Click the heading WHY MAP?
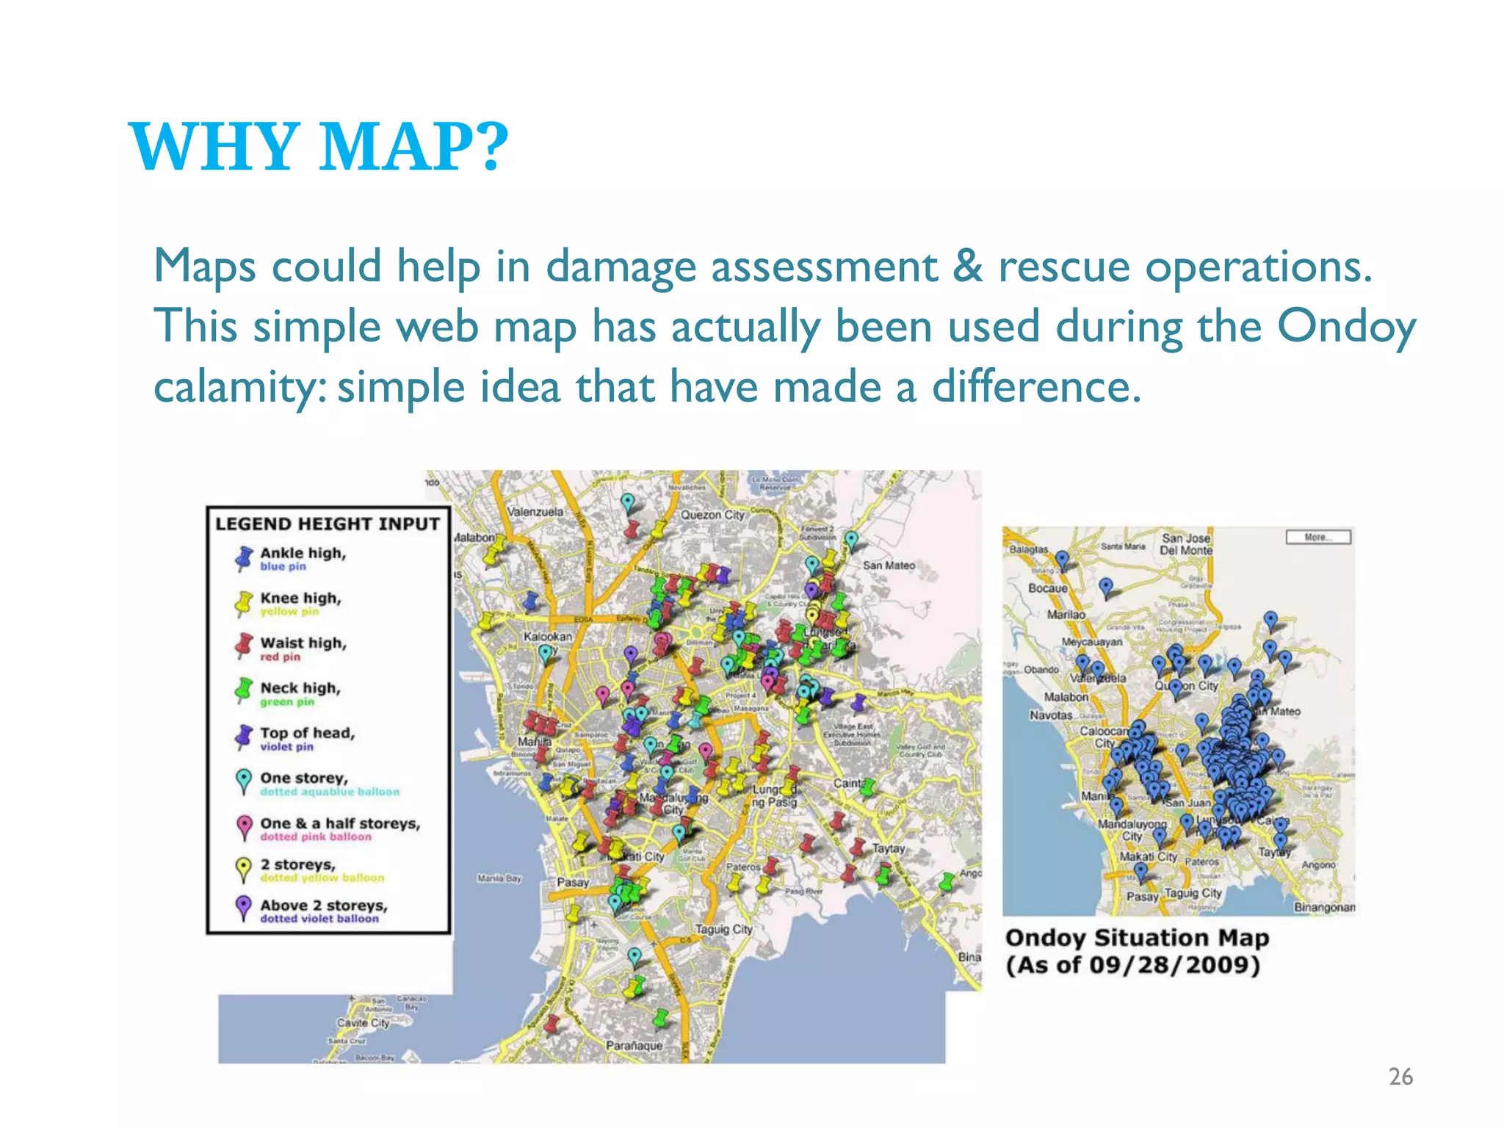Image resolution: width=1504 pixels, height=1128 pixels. point(319,147)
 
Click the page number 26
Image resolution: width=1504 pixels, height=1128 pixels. point(1400,1077)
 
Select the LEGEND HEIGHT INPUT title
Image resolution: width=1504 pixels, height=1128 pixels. point(328,524)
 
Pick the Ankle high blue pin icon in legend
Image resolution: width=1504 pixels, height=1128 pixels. point(244,559)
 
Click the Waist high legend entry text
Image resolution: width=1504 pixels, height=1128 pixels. point(303,643)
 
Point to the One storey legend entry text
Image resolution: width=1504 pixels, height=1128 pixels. point(303,778)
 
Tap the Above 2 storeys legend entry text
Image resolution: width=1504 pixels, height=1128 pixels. point(323,905)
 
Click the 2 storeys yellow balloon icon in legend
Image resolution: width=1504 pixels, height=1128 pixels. point(243,869)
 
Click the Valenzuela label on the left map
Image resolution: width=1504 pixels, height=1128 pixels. point(535,511)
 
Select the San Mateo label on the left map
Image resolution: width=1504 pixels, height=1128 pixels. point(889,565)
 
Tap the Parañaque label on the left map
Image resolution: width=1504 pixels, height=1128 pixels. point(634,1045)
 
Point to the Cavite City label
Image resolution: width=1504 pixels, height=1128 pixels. point(363,1022)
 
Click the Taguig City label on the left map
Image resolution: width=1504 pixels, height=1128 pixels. point(723,929)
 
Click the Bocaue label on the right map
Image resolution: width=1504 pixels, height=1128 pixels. point(1047,588)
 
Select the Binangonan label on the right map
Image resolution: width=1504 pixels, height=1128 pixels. point(1324,907)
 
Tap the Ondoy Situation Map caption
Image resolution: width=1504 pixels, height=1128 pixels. point(1136,938)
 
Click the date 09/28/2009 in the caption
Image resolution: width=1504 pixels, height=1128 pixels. point(1174,964)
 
